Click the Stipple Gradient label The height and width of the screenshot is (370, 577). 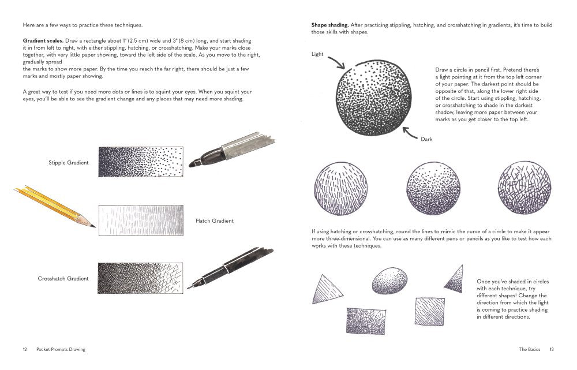click(x=69, y=163)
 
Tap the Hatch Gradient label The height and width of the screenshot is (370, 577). click(x=215, y=220)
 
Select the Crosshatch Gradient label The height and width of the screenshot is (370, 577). click(x=63, y=279)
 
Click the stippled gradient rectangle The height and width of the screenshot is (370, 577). click(x=140, y=162)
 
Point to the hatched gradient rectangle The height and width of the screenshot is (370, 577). click(x=140, y=220)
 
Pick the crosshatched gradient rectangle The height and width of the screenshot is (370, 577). click(x=140, y=278)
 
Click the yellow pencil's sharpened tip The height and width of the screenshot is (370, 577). click(x=92, y=225)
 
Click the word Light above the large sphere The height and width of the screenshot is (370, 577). click(x=317, y=54)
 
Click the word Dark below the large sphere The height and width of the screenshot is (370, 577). click(x=426, y=139)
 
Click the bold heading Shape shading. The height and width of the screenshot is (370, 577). click(x=329, y=25)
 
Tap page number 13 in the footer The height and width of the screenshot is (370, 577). click(x=552, y=349)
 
